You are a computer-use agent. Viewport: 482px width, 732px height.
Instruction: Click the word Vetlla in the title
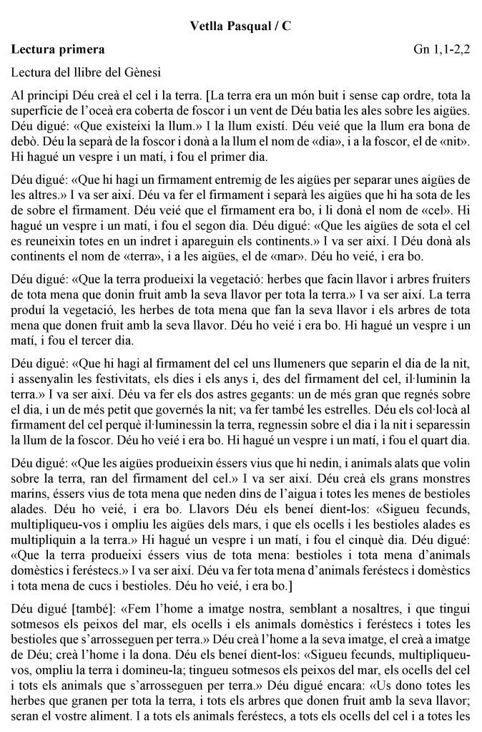(x=207, y=26)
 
